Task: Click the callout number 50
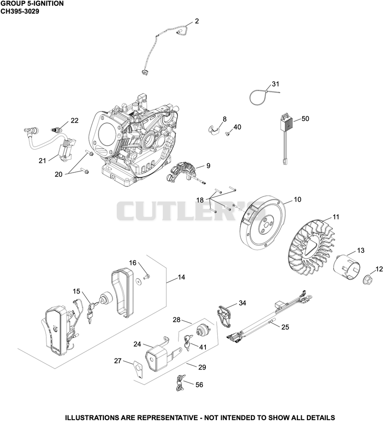click(x=305, y=119)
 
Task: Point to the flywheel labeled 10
click(x=262, y=223)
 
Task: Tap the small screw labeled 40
click(x=228, y=133)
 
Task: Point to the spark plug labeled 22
click(x=56, y=130)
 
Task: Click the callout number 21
click(x=43, y=161)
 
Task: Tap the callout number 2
click(x=197, y=21)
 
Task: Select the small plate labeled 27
click(x=138, y=370)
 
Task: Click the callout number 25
click(x=285, y=327)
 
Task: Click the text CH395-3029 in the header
click(x=20, y=11)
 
